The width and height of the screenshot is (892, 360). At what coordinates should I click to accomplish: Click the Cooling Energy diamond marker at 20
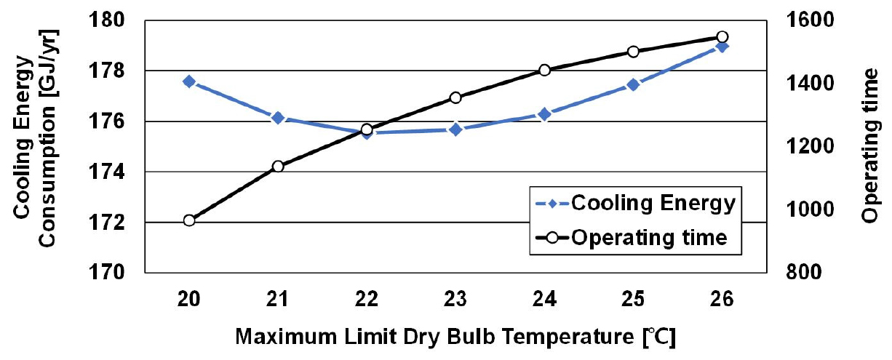[x=189, y=81]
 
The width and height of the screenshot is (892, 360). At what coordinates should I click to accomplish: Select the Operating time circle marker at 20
[x=189, y=220]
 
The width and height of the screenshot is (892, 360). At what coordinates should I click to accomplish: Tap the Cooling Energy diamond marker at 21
[x=278, y=118]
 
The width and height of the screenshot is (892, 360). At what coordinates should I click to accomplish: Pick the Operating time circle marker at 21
[x=278, y=167]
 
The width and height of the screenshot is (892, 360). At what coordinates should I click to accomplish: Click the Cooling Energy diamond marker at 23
[x=455, y=129]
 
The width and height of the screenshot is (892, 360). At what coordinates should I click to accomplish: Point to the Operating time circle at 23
[x=455, y=97]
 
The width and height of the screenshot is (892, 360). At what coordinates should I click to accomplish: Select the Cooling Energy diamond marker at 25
[x=633, y=85]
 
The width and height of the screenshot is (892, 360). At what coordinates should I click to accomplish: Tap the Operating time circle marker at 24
[x=544, y=70]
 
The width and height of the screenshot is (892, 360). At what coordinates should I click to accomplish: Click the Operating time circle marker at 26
[x=722, y=36]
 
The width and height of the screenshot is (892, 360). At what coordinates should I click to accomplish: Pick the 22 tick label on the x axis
[x=367, y=300]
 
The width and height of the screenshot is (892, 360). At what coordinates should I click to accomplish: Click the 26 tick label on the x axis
[x=722, y=300]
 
